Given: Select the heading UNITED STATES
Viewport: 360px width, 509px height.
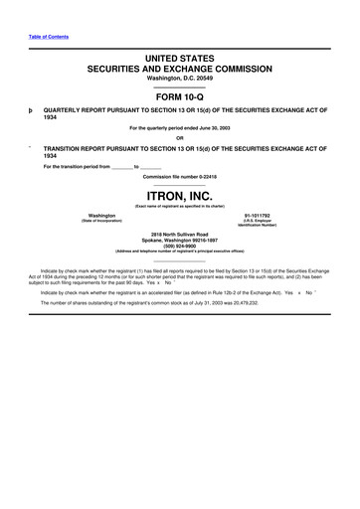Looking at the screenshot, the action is coord(180,60).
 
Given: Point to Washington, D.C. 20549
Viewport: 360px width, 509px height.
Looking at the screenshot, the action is coord(180,80).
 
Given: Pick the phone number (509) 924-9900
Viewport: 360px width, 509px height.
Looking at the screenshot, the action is coord(180,244).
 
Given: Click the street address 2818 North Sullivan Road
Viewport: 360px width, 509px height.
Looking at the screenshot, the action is coord(180,232).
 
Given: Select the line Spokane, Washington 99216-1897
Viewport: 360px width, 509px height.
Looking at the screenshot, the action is coord(180,238).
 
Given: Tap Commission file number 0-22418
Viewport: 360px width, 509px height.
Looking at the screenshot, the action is coord(180,176).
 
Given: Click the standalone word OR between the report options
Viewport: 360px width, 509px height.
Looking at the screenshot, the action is coord(180,137).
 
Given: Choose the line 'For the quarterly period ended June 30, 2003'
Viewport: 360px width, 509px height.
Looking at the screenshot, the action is coord(180,129).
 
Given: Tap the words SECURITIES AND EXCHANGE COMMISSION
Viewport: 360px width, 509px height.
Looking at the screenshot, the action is coord(180,71).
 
